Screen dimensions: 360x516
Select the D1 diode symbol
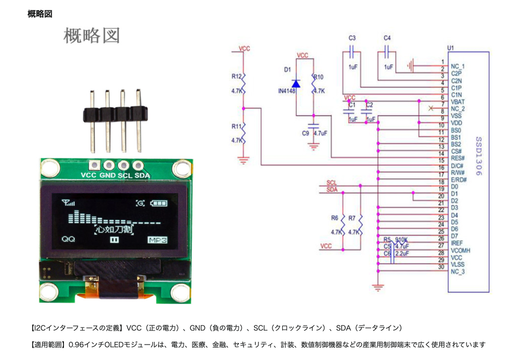(x=296, y=84)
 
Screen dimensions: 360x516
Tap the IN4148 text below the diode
(x=286, y=91)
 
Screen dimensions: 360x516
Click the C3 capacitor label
(x=352, y=38)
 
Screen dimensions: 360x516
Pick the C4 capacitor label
(x=388, y=38)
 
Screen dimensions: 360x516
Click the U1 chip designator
(x=450, y=48)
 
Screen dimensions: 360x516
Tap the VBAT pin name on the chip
(x=458, y=102)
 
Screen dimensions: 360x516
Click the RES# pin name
(x=458, y=158)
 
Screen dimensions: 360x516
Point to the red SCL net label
(x=332, y=183)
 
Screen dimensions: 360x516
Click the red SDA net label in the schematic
(x=332, y=190)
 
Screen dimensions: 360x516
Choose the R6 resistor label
(x=334, y=218)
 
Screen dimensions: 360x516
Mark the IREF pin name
(x=457, y=242)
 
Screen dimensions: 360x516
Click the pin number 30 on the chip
(x=441, y=267)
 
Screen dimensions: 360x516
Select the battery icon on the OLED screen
(x=159, y=204)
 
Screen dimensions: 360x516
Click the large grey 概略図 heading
(x=91, y=35)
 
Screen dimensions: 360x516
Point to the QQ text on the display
(x=68, y=239)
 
